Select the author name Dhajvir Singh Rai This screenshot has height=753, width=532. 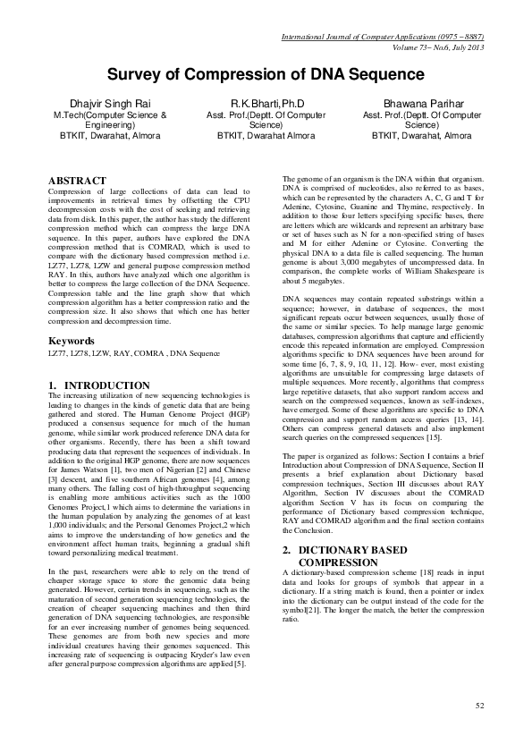[110, 104]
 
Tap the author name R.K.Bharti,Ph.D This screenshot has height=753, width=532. [266, 104]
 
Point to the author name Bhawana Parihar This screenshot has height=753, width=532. [421, 104]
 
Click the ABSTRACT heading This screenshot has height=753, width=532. [78, 181]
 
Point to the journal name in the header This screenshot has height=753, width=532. [383, 37]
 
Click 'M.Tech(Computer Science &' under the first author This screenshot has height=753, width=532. [110, 115]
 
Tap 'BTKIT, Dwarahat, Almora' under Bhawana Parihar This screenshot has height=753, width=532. [421, 136]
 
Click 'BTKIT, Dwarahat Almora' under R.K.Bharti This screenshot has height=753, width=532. [266, 136]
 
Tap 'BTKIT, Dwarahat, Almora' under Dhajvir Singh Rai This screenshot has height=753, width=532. [110, 136]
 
